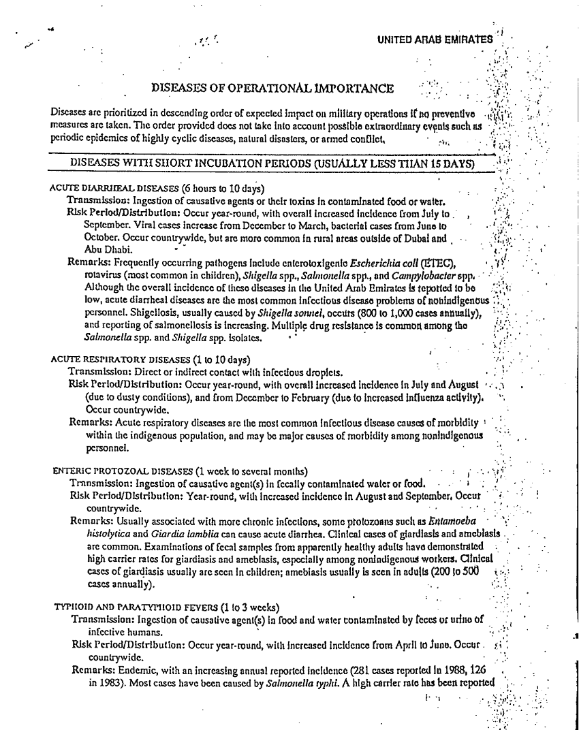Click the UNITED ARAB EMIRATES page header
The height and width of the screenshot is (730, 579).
click(434, 39)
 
